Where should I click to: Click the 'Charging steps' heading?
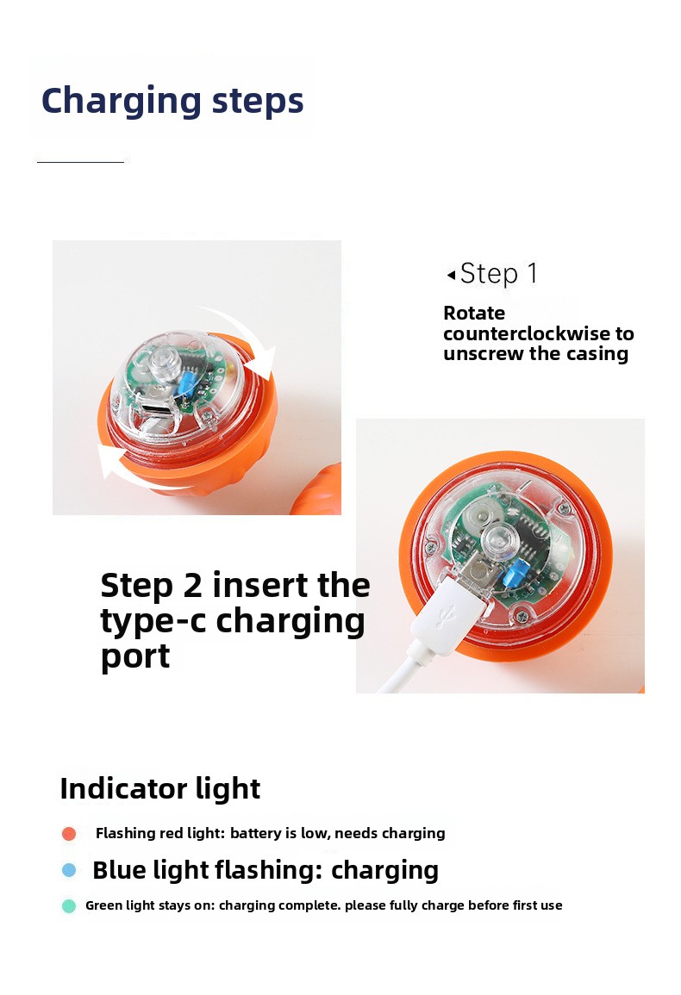172,100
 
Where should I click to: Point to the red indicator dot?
69,833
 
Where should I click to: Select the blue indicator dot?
69,870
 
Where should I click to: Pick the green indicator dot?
69,905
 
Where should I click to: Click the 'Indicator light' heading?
160,789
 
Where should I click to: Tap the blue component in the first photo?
187,382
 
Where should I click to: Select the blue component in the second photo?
511,575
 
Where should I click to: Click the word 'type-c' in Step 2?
153,621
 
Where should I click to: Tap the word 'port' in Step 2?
135,656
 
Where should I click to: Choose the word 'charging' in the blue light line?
384,871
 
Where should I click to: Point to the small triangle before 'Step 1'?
451,275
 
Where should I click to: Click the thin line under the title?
81,163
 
